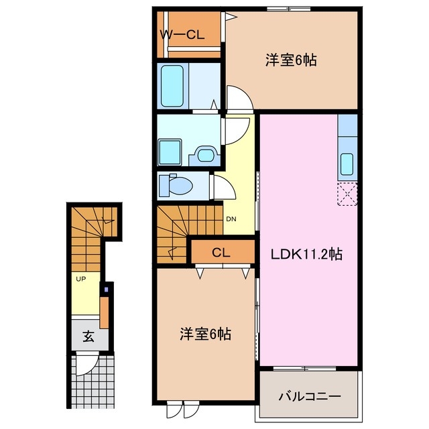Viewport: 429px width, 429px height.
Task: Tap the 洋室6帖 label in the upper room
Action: [x=290, y=60]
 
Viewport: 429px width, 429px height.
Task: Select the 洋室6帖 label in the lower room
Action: [x=204, y=333]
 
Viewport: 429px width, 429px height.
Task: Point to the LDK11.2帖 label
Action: [x=307, y=254]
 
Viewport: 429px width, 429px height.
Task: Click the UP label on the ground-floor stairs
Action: [x=80, y=278]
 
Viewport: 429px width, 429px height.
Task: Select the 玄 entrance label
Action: [x=88, y=336]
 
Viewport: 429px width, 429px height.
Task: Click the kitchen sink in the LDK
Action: [x=348, y=162]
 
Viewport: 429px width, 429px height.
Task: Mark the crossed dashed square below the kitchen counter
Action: [x=348, y=195]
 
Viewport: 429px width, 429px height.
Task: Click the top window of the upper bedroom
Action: [x=288, y=8]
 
